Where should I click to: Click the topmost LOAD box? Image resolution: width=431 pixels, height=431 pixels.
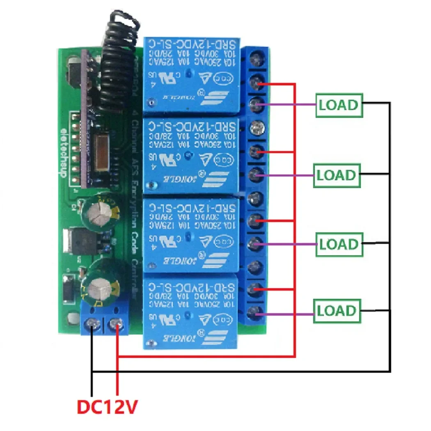339,105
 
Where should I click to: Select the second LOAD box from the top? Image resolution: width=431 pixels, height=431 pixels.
337,175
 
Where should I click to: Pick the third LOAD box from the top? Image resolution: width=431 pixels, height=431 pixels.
339,244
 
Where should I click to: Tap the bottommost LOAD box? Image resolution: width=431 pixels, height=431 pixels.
337,311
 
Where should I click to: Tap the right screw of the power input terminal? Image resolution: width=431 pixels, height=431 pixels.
117,326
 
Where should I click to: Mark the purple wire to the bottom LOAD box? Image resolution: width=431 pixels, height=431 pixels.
287,315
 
